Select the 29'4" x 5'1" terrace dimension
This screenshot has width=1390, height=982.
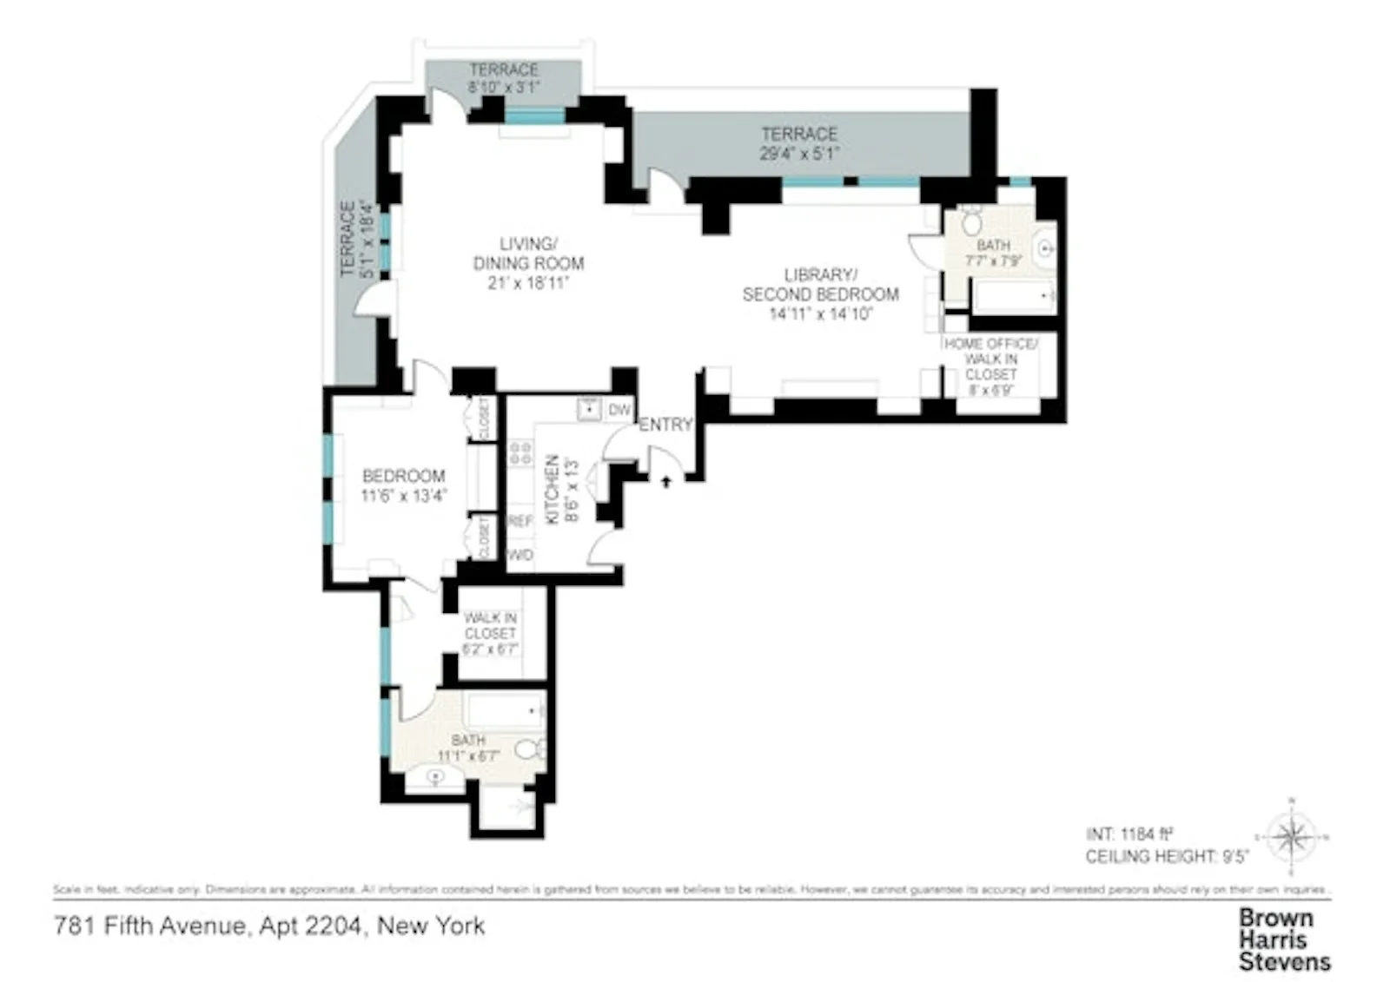pyautogui.click(x=799, y=155)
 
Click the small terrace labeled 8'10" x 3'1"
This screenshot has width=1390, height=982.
pyautogui.click(x=504, y=78)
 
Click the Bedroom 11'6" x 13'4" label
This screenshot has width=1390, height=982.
pyautogui.click(x=404, y=485)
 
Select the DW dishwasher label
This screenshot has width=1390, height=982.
pyautogui.click(x=619, y=411)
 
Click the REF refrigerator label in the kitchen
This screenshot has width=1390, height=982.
pyautogui.click(x=520, y=521)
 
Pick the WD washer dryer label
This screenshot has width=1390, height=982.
pyautogui.click(x=520, y=555)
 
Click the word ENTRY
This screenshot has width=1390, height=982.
pyautogui.click(x=665, y=425)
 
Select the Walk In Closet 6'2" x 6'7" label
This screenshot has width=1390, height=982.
pyautogui.click(x=490, y=633)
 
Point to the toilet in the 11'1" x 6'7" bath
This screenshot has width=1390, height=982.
pyautogui.click(x=530, y=748)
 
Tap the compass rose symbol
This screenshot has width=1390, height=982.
pyautogui.click(x=1292, y=837)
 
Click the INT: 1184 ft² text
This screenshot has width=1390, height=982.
pyautogui.click(x=1129, y=834)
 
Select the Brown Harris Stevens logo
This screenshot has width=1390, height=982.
pyautogui.click(x=1284, y=939)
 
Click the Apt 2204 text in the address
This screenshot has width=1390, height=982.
pyautogui.click(x=310, y=926)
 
